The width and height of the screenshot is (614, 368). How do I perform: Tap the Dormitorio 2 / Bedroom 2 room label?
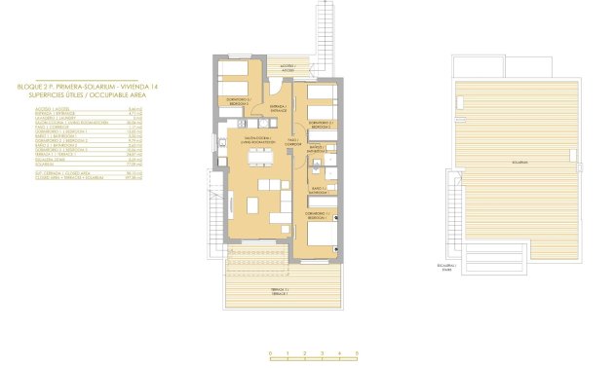[x=322, y=125]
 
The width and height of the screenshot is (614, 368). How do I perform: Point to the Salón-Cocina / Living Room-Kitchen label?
[x=254, y=140]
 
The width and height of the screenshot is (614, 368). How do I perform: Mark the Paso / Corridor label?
[x=292, y=143]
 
